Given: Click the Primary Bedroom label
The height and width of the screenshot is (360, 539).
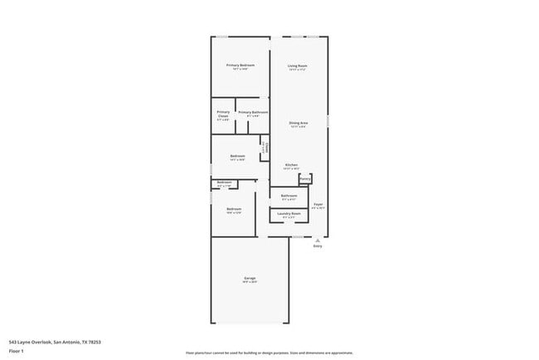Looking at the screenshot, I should (240, 65).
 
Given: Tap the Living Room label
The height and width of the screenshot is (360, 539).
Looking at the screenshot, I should (298, 65).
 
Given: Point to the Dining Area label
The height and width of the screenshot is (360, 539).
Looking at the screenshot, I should (299, 123).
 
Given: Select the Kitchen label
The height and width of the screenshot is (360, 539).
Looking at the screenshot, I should (292, 165).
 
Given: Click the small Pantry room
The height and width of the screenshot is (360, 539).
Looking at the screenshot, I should (305, 178).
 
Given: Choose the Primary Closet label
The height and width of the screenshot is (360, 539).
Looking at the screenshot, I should (223, 114).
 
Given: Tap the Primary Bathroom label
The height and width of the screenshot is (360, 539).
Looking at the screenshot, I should (253, 112).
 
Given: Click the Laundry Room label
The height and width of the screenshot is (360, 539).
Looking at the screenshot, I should (289, 213).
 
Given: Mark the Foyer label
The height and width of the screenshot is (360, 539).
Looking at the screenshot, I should (318, 203).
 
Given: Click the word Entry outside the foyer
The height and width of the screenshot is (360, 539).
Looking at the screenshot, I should (318, 246).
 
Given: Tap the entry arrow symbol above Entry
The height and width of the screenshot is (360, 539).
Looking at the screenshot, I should (318, 240).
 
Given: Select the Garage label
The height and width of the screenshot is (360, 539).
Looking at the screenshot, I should (250, 278).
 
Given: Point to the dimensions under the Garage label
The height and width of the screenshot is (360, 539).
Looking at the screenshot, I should (250, 282).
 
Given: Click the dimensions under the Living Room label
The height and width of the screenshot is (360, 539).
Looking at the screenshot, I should (298, 70).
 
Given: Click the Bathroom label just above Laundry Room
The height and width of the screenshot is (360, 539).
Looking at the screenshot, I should (289, 196).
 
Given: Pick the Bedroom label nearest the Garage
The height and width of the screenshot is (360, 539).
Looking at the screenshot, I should (234, 208).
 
